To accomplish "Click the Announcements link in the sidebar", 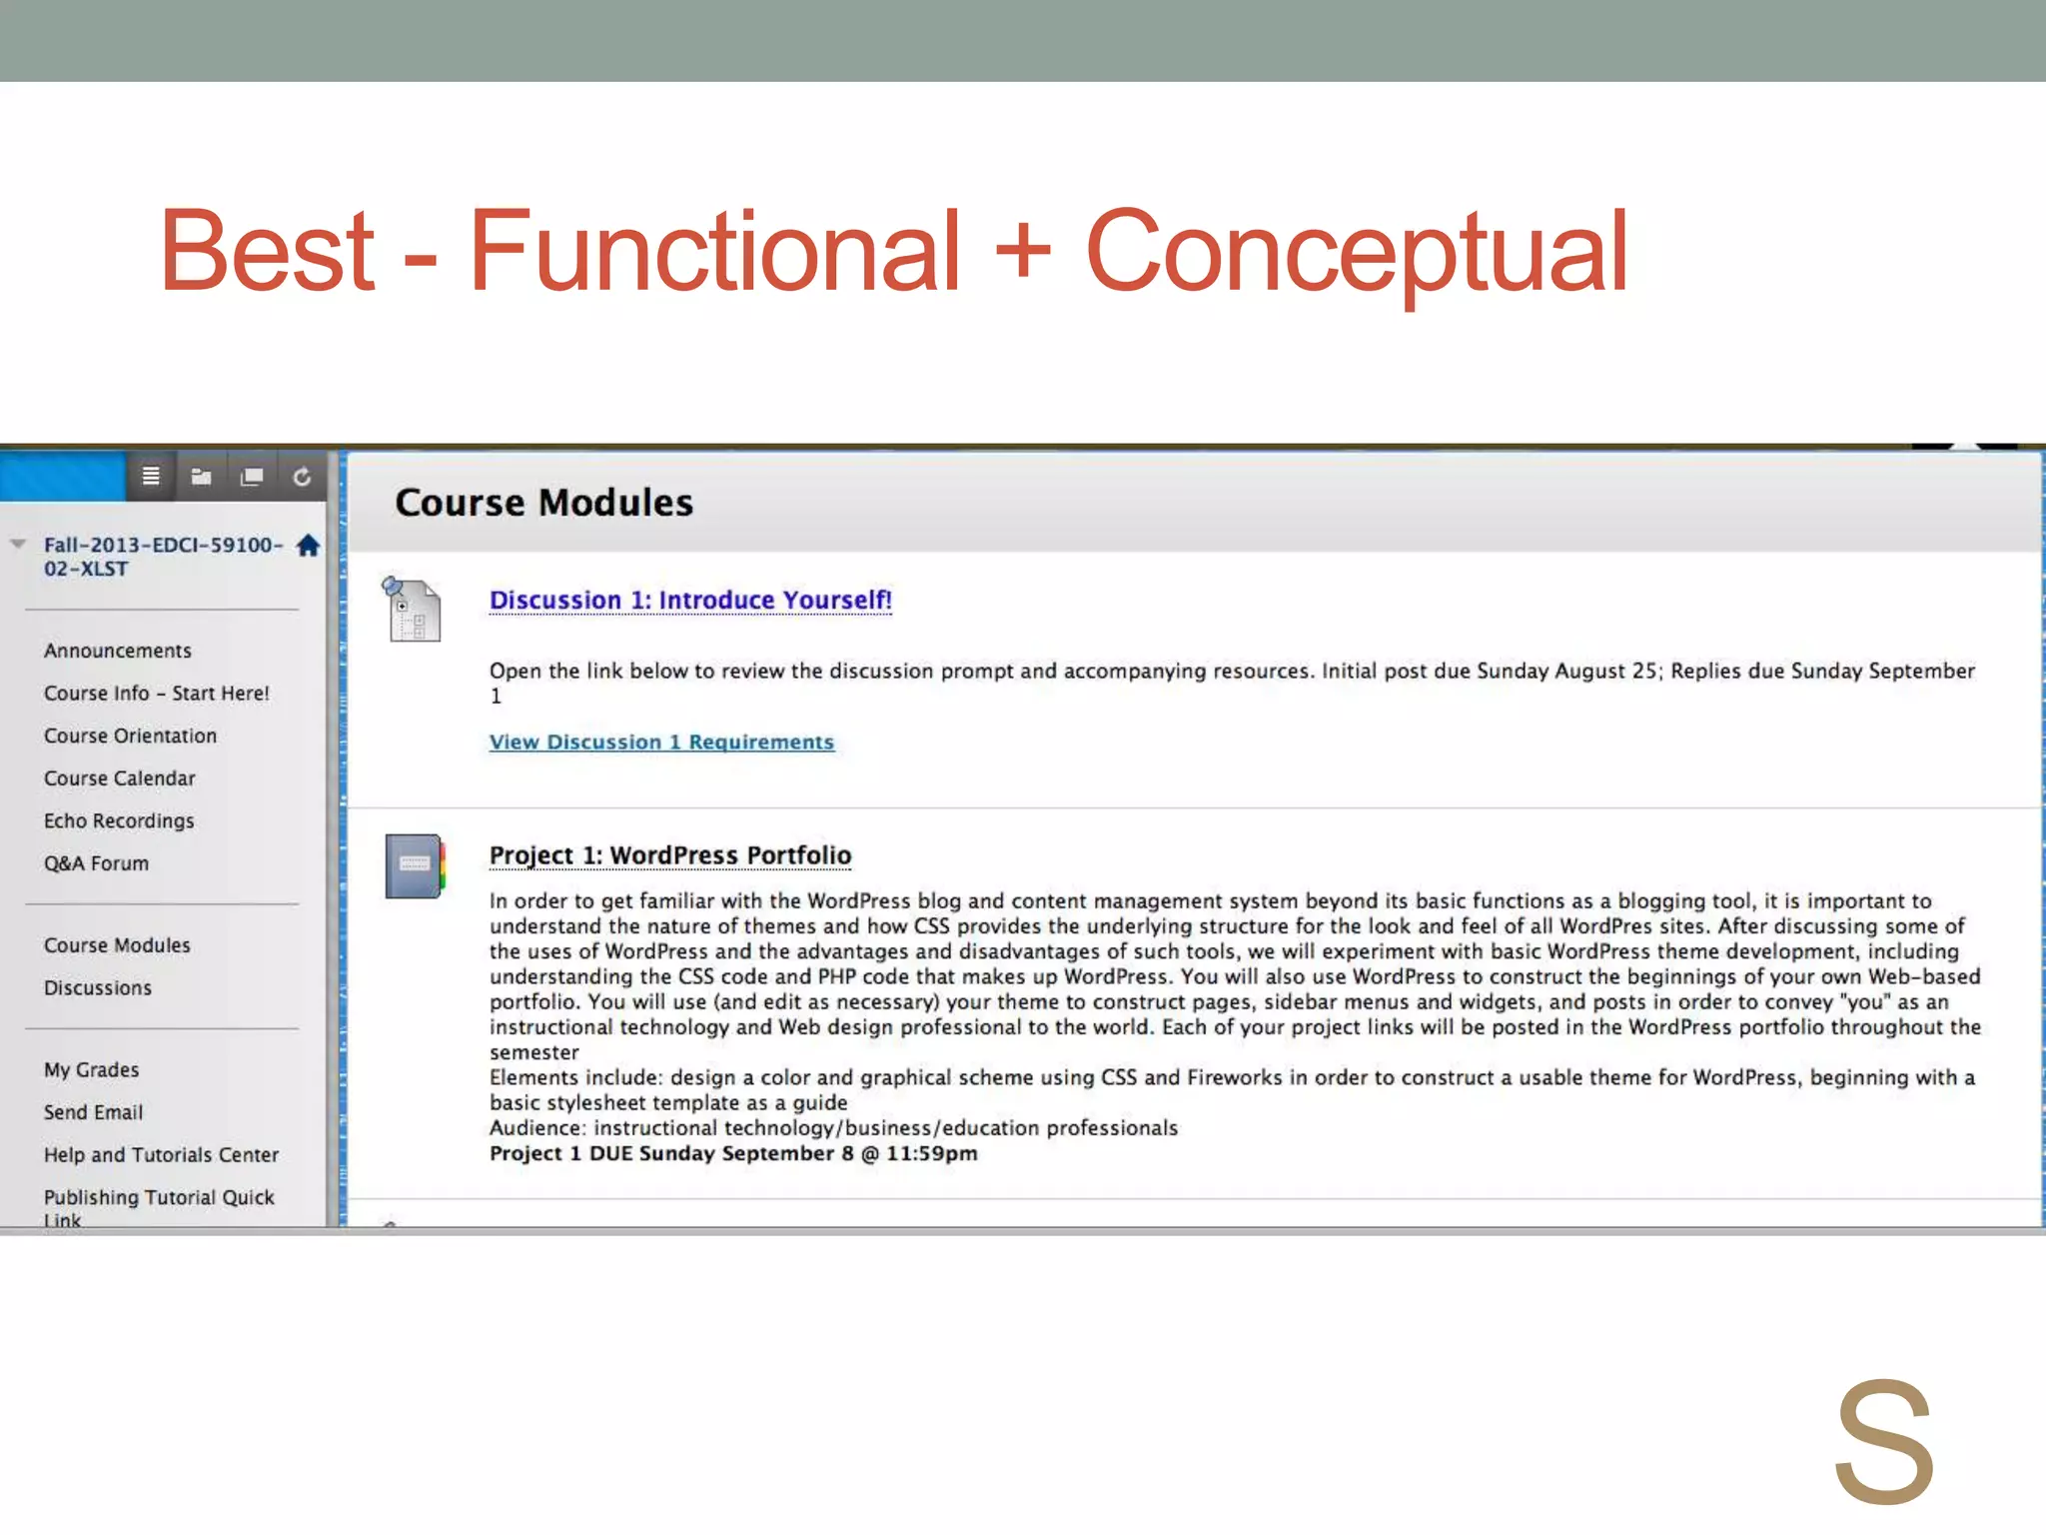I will [x=117, y=651].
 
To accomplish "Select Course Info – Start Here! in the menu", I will [x=156, y=694].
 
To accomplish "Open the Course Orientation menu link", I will [x=130, y=736].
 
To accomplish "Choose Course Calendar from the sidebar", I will [x=119, y=778].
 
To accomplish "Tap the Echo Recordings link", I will [x=118, y=820].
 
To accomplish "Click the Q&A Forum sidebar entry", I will [x=96, y=863].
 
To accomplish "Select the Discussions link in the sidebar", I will [x=97, y=987].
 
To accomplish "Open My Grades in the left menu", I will [x=91, y=1069].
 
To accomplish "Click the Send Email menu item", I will [x=93, y=1112].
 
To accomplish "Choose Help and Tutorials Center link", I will [x=161, y=1155].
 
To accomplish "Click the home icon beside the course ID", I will [x=308, y=546].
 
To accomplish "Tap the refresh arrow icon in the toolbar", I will [x=302, y=478].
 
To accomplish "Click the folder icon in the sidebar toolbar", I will [x=201, y=477].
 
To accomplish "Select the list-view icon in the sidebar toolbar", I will [x=151, y=477].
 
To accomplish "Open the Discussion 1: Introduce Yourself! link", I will [x=690, y=600].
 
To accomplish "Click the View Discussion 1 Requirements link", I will [x=661, y=742].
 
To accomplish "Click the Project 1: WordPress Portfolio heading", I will [x=669, y=855].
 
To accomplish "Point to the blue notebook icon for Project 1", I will [x=415, y=866].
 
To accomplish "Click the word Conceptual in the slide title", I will [x=1356, y=252].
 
